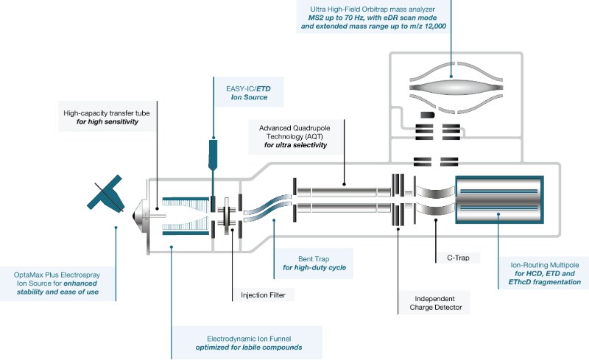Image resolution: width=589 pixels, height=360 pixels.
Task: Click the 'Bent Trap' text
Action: pyautogui.click(x=301, y=257)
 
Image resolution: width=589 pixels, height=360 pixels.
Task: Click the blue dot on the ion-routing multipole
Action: pyautogui.click(x=498, y=215)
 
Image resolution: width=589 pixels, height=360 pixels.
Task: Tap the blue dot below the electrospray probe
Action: pyautogui.click(x=116, y=227)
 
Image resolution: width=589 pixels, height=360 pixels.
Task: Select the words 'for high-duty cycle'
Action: pyautogui.click(x=314, y=267)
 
